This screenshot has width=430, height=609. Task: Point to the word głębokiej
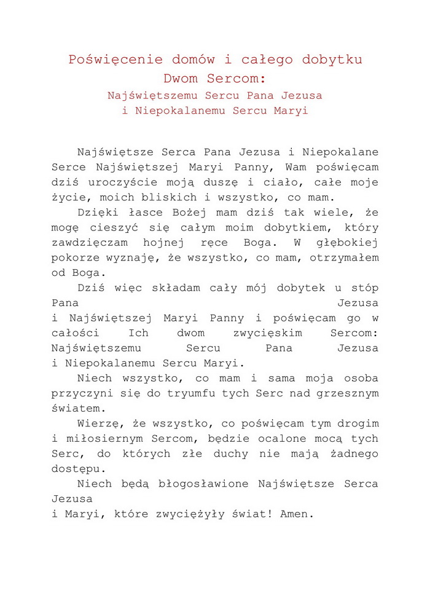[348, 243]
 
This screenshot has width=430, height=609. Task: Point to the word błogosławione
[206, 484]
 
